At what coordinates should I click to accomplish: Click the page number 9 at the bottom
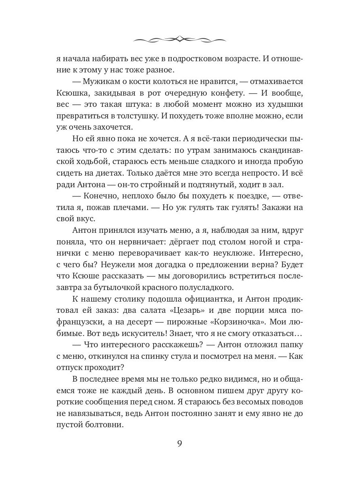click(180, 444)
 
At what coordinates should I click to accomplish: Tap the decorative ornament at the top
click(180, 39)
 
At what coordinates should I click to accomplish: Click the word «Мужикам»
click(104, 82)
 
